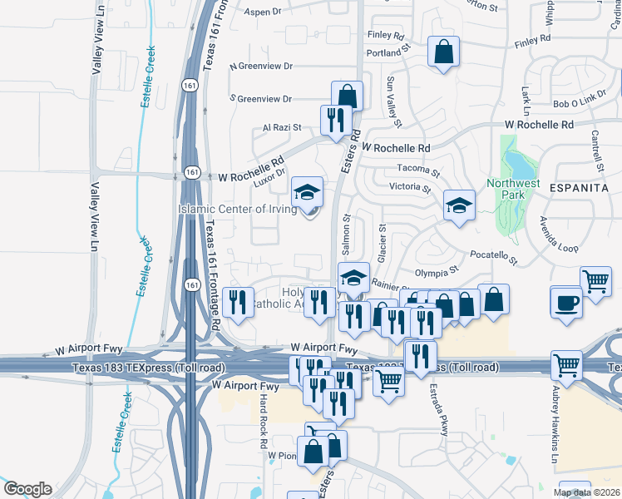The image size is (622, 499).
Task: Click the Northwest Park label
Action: (x=513, y=189)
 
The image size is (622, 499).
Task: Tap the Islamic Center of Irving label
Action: (x=237, y=209)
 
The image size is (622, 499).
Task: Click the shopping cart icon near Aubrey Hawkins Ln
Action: (x=566, y=364)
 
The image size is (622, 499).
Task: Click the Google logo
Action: (x=27, y=488)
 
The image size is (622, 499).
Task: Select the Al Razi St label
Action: (x=281, y=128)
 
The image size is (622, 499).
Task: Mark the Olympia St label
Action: (x=437, y=272)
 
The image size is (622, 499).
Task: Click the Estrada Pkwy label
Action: (x=435, y=407)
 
